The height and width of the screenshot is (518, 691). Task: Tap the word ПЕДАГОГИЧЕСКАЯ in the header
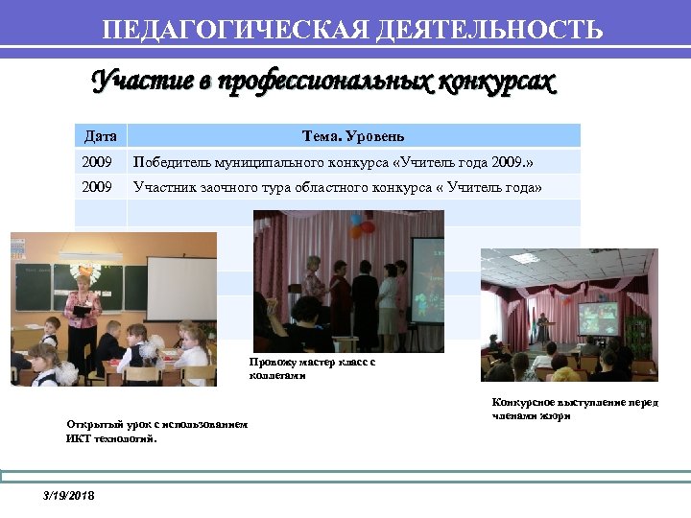click(230, 30)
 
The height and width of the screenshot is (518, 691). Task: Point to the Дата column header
click(101, 136)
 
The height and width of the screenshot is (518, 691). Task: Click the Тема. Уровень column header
click(353, 136)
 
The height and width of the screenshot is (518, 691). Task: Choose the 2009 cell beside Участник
click(98, 187)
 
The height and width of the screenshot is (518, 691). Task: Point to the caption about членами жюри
click(575, 409)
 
